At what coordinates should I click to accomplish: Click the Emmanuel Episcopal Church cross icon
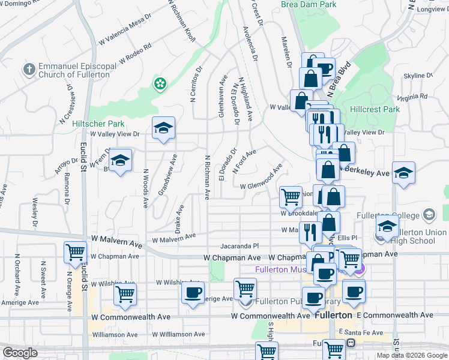(x=29, y=68)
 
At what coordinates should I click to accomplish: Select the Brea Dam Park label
(x=309, y=4)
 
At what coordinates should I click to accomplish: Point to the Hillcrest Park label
(x=375, y=110)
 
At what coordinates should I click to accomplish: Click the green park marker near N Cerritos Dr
(x=160, y=83)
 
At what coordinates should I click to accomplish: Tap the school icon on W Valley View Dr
(x=163, y=128)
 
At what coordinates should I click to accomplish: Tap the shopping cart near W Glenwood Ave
(x=291, y=196)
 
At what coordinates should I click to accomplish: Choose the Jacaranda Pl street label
(x=239, y=245)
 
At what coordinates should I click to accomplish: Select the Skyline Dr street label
(x=418, y=76)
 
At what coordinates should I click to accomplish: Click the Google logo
(x=20, y=353)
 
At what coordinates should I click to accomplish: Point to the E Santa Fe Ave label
(x=361, y=332)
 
